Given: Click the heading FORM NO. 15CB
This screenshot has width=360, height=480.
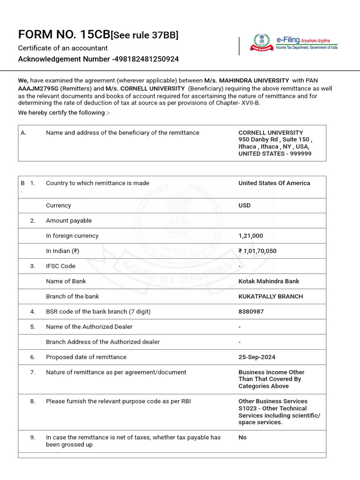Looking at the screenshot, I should (63, 35).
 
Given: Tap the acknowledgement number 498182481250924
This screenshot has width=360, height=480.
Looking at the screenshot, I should (146, 59).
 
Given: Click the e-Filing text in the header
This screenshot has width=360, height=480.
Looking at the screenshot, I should (288, 40).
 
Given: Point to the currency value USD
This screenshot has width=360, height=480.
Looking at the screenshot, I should (244, 205).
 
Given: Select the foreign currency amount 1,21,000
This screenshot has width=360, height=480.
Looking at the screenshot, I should (251, 236).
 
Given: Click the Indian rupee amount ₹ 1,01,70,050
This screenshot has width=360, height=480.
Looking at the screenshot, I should (257, 251).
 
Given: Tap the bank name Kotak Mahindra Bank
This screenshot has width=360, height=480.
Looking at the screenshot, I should (269, 281).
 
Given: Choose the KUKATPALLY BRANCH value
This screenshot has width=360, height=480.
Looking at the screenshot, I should (270, 296).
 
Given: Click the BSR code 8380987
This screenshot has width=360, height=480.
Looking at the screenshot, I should (251, 311).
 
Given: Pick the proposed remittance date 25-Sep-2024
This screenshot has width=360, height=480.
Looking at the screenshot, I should (257, 357).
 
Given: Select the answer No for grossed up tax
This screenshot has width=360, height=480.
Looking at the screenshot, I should (242, 437).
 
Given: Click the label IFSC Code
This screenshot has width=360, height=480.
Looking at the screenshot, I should (60, 266).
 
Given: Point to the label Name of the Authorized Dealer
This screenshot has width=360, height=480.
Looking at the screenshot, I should (89, 327).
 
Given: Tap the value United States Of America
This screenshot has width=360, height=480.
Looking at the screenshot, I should (274, 183).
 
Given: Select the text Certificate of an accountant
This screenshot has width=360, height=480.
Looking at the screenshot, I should (63, 48).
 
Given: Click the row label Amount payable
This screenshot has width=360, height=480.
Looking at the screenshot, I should (69, 220).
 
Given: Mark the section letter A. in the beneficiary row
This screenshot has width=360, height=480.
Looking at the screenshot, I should (23, 133).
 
